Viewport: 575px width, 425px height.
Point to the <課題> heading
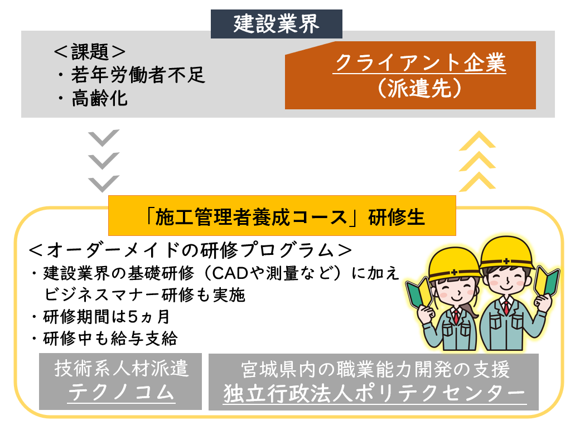pyautogui.click(x=89, y=52)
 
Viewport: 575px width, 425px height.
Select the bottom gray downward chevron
pyautogui.click(x=104, y=183)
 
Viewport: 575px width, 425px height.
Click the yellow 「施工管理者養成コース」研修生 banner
pyautogui.click(x=282, y=216)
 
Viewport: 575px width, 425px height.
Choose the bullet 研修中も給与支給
pyautogui.click(x=112, y=339)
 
